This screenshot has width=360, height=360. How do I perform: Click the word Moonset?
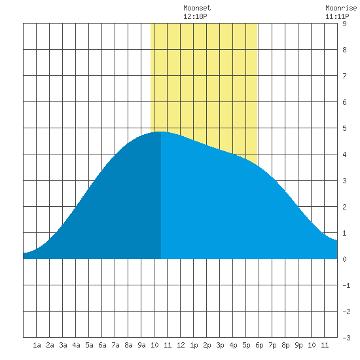pos(197,8)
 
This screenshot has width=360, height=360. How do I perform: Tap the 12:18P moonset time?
pos(195,16)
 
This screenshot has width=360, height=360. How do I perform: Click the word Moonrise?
pos(341,8)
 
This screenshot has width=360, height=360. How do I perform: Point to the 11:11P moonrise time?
pos(337,16)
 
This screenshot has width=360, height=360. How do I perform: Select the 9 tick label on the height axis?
pos(344,24)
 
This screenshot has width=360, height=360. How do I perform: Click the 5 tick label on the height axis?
pos(344,128)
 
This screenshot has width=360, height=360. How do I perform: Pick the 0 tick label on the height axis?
pos(344,259)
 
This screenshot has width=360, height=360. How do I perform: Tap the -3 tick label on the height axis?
pos(346,338)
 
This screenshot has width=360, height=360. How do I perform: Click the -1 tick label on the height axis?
pos(346,285)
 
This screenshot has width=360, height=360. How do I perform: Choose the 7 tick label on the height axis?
pos(344,76)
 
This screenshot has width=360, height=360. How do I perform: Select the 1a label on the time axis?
pos(37,345)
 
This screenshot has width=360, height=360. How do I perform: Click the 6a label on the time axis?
pos(102,345)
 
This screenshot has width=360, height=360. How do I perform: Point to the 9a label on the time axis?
pos(141,345)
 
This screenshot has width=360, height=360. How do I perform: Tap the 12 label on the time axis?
pos(181,345)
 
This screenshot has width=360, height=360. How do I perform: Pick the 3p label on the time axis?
pos(220,345)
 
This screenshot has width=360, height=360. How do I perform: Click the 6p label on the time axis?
pos(259,345)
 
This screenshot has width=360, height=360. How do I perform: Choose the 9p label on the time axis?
pos(298,345)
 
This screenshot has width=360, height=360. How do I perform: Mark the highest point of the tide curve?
pos(161,132)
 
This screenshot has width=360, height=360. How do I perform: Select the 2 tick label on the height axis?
pos(344,207)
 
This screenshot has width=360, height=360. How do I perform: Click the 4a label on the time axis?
pos(76,345)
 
